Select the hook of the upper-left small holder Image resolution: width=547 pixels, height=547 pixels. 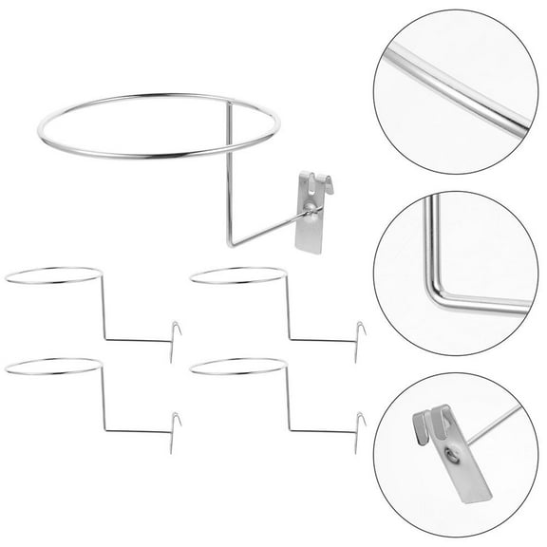[x=177, y=335]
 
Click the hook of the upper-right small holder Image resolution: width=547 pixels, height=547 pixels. [x=361, y=335]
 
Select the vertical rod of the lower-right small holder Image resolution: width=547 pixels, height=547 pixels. [x=287, y=396]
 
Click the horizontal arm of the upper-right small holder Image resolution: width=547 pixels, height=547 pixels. [x=323, y=339]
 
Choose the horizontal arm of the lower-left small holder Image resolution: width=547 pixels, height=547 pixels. [x=138, y=430]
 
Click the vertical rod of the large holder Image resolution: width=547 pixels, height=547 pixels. [x=229, y=171]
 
